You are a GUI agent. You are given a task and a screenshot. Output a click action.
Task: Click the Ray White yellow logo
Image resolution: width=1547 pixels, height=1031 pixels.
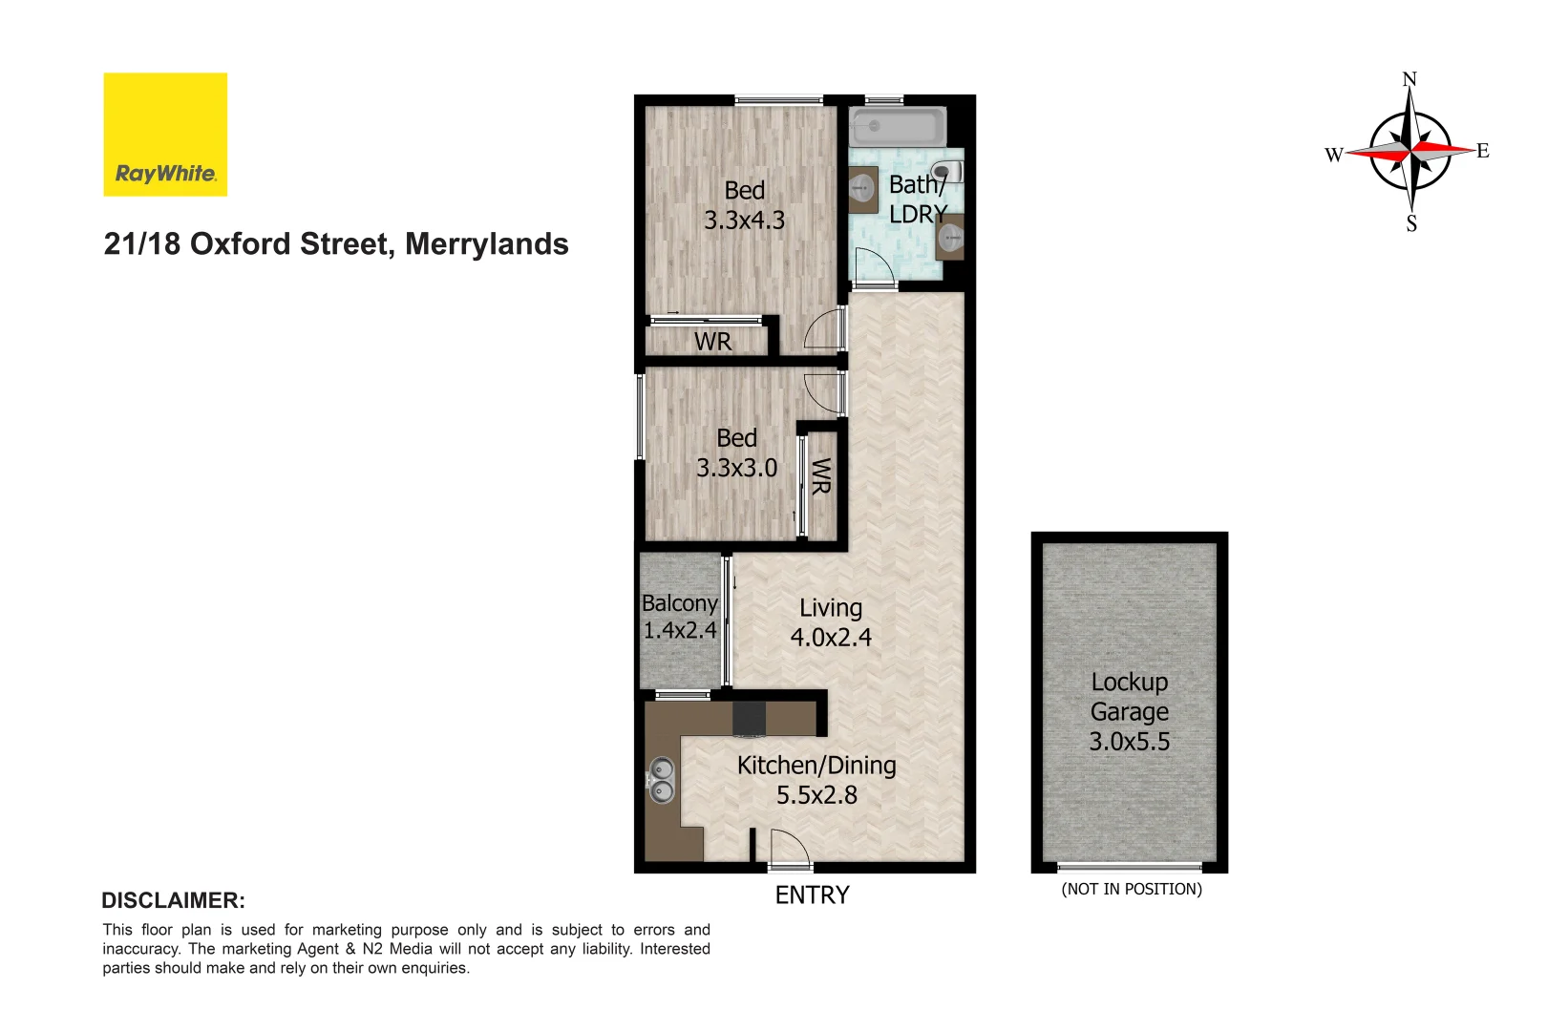[x=165, y=135]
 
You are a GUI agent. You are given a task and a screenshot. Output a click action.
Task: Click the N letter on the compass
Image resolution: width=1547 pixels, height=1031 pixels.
[x=1409, y=79]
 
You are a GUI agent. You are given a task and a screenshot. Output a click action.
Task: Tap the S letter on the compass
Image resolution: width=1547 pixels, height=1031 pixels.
[x=1411, y=224]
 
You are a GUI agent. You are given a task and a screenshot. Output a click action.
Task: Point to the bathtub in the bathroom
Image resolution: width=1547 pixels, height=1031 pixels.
[x=898, y=127]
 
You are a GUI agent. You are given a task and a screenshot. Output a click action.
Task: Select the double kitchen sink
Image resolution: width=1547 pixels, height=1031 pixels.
[x=661, y=779]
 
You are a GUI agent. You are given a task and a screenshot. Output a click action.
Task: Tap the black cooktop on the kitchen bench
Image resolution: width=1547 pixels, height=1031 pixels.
[x=749, y=719]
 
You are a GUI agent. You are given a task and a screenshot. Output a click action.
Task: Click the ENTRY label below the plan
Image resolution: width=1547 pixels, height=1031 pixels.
[x=812, y=895]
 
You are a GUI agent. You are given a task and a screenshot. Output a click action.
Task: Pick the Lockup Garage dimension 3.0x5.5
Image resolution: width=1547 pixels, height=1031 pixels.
[x=1130, y=742]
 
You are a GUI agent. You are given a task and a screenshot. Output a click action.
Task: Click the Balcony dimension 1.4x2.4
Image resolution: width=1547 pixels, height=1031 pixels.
[x=679, y=630]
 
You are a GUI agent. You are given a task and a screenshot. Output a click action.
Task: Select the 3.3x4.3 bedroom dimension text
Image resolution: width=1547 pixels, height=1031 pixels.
[x=744, y=221]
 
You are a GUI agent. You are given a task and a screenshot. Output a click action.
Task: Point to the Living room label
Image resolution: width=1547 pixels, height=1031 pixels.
[x=831, y=608]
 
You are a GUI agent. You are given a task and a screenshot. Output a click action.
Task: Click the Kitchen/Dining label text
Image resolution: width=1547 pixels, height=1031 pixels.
[x=816, y=766]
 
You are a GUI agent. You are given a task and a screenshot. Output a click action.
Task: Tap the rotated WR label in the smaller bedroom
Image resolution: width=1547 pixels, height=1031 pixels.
[x=820, y=475]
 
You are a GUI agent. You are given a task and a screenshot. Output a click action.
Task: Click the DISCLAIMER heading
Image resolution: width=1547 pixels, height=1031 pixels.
[x=173, y=900]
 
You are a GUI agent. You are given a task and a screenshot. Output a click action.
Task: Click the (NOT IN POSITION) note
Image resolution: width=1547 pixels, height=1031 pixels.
[x=1132, y=889]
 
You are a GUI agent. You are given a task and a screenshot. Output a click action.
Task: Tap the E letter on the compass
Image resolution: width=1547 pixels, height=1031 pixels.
[x=1482, y=151]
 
